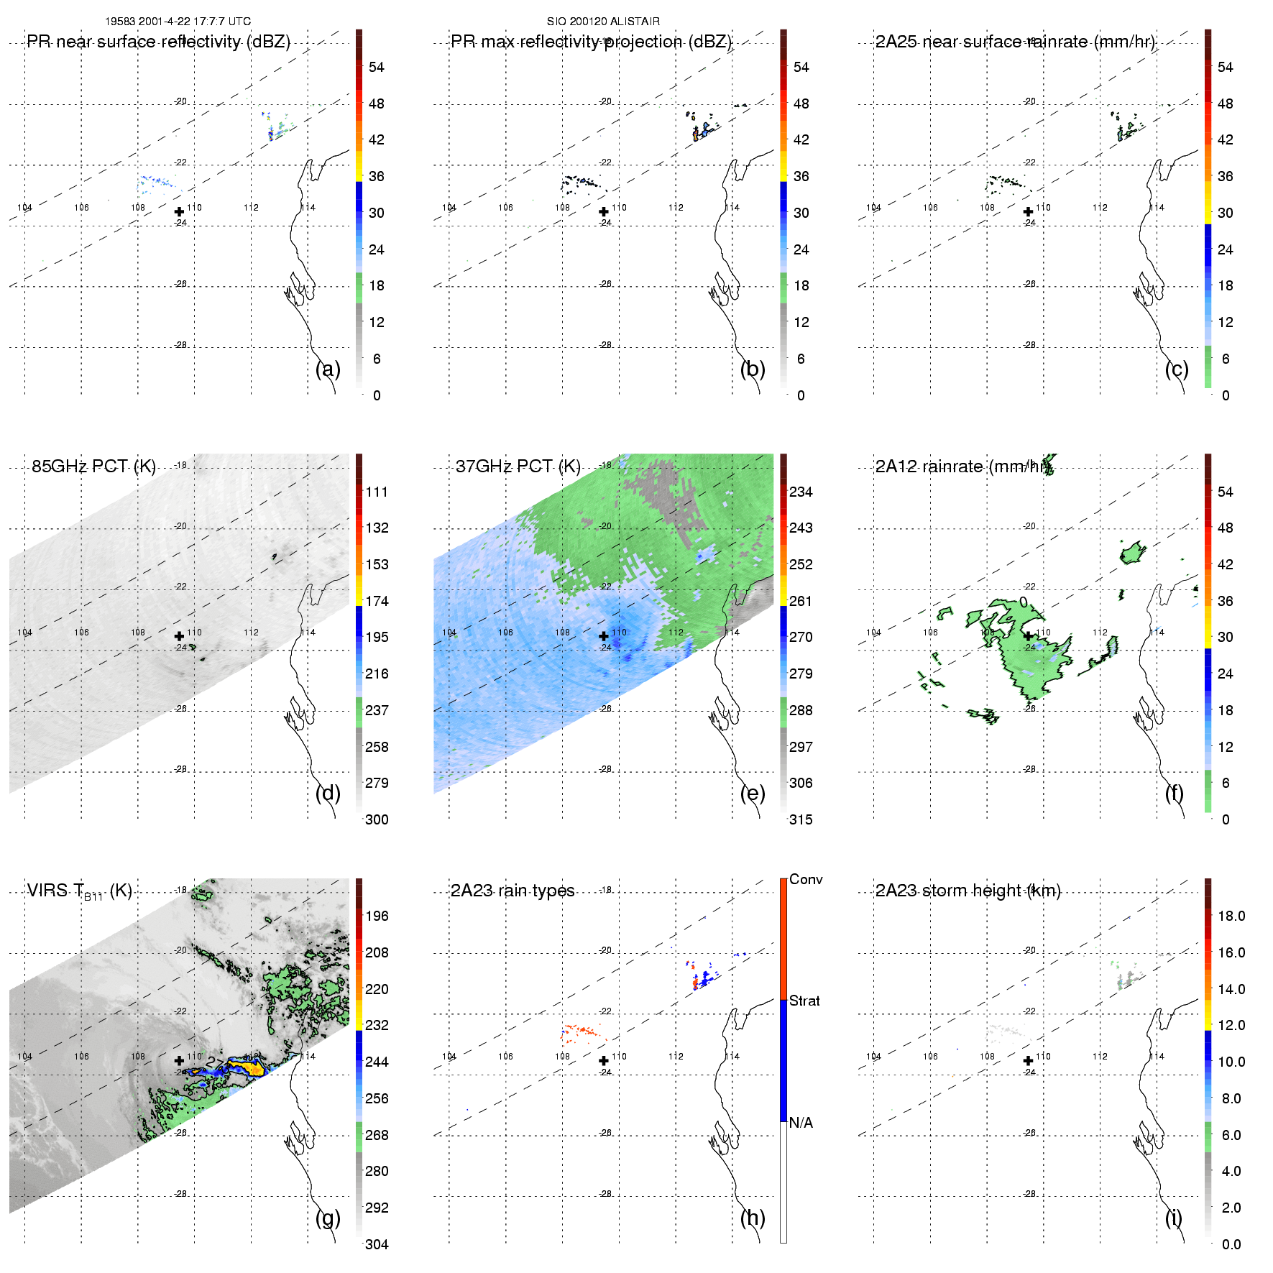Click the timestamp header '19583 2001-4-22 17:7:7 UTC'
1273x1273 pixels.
point(178,22)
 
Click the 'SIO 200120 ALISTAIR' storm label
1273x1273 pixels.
point(603,22)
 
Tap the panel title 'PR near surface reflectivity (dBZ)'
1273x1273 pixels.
point(158,42)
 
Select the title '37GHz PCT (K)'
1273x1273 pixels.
point(518,467)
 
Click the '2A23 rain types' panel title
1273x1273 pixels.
point(512,891)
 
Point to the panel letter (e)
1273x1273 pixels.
point(752,793)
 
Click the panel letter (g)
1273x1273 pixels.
point(328,1218)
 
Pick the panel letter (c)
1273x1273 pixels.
point(1177,369)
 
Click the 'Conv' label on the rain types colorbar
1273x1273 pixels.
point(805,879)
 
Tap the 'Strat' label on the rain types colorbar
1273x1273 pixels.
point(804,1001)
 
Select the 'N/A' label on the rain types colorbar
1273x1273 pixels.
point(801,1123)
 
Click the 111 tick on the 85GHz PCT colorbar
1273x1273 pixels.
point(377,492)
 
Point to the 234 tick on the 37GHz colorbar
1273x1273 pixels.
point(801,492)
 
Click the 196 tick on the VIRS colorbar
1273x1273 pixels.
point(377,916)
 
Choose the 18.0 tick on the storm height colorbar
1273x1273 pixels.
point(1231,916)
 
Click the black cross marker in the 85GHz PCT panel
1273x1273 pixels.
point(179,636)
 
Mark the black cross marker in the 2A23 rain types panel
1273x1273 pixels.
point(604,1060)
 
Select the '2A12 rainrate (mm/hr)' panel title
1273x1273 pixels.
point(961,467)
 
